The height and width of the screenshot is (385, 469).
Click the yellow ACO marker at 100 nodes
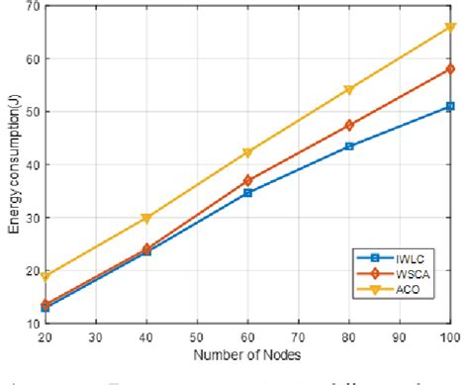pos(450,28)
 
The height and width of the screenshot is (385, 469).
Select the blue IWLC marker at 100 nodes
pos(450,106)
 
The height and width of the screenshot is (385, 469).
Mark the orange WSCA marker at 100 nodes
pos(450,69)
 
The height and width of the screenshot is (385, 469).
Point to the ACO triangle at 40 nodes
pos(144,218)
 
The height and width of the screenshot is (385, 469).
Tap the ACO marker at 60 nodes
pos(246,152)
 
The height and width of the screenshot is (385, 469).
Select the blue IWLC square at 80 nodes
pos(348,146)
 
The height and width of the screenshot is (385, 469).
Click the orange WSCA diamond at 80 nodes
pos(348,126)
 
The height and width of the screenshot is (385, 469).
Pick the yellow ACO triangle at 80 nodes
pos(348,90)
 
